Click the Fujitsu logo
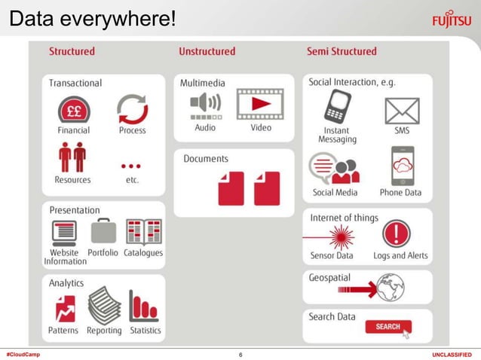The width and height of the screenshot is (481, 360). click(x=452, y=18)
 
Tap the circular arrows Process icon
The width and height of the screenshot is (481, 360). click(x=132, y=109)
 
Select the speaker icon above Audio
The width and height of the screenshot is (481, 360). click(x=205, y=105)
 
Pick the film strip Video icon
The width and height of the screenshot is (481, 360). click(x=260, y=104)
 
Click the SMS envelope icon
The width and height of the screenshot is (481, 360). click(x=402, y=111)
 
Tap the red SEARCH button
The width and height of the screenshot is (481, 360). click(x=388, y=327)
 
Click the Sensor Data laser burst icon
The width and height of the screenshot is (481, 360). click(x=340, y=236)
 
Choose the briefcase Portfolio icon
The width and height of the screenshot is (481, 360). click(x=103, y=231)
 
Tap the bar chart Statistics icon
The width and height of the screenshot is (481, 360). click(x=144, y=307)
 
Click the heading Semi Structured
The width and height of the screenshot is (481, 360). click(x=342, y=51)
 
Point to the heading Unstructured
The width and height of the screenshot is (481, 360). click(x=207, y=51)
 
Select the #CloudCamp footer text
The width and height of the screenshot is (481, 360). click(x=23, y=354)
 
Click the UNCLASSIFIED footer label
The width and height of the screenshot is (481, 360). click(x=452, y=354)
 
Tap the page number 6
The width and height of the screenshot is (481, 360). click(x=240, y=354)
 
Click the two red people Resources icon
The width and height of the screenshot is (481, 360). click(x=73, y=157)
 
